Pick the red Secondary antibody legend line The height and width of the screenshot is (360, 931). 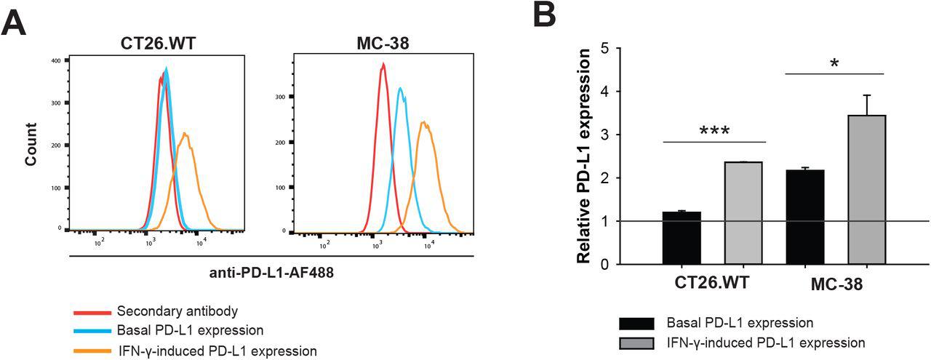pos(92,312)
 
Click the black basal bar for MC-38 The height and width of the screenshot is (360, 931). pos(805,217)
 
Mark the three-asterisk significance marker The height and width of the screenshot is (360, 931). pos(714,132)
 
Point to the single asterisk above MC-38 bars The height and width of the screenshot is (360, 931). pos(834,63)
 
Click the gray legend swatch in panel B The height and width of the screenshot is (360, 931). pos(637,342)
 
